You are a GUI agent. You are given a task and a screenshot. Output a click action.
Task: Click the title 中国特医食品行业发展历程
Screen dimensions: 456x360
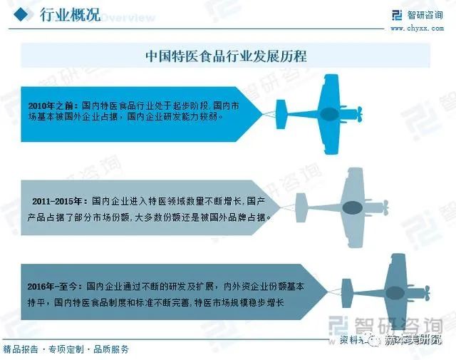click(226, 55)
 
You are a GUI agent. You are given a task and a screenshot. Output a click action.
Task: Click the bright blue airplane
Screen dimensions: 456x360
click(328, 114)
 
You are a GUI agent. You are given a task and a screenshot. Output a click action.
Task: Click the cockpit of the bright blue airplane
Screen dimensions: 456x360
click(329, 114)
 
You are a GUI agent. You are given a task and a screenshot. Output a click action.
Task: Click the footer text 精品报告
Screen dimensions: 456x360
click(21, 349)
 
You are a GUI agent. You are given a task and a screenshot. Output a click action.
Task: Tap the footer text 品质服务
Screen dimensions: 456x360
click(112, 349)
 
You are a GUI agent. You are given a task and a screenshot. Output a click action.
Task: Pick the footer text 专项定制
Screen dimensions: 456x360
click(66, 349)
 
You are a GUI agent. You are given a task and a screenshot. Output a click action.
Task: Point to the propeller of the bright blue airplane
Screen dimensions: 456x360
click(361, 114)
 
